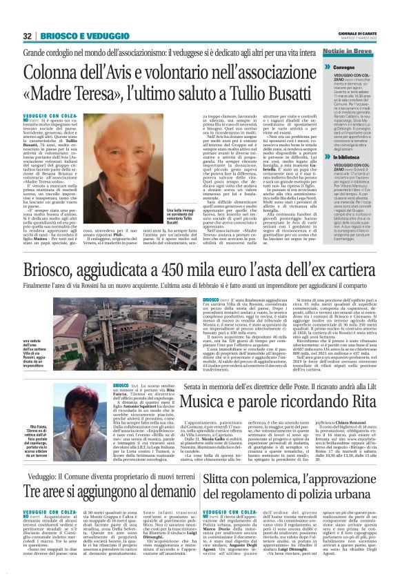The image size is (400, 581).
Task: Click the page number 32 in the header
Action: pyautogui.click(x=28, y=36)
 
